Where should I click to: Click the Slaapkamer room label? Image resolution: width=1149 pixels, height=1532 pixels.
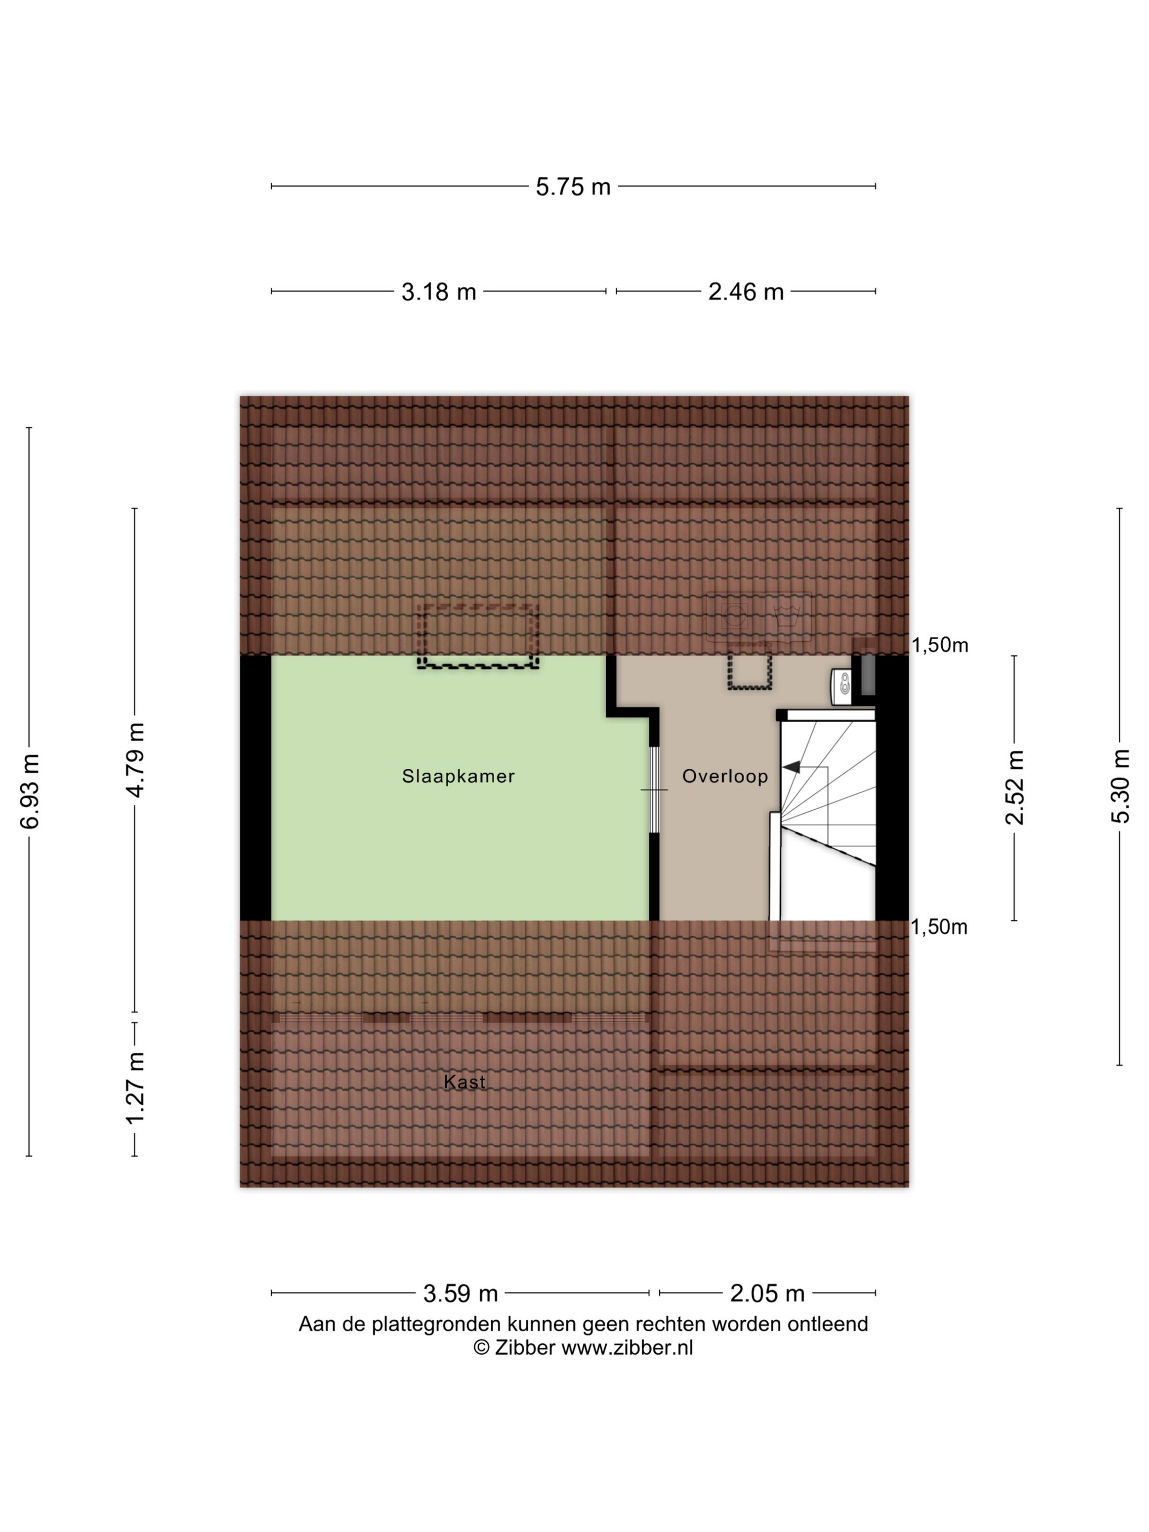tap(458, 776)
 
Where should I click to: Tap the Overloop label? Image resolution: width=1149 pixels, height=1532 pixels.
tap(724, 776)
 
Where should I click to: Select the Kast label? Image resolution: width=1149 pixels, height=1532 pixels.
tap(464, 1082)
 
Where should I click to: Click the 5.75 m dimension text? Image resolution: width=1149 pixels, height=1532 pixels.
tap(573, 187)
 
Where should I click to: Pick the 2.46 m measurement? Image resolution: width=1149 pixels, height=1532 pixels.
tap(745, 292)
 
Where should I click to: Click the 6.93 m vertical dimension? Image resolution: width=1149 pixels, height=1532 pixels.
tap(30, 791)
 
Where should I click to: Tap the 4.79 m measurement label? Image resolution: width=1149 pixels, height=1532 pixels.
tap(135, 760)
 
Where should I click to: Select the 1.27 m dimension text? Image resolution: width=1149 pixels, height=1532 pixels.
tap(135, 1088)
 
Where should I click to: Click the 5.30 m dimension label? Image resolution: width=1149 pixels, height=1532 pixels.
tap(1120, 786)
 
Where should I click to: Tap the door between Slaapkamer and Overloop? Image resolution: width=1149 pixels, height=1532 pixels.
tap(654, 790)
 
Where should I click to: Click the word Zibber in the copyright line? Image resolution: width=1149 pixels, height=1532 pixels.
tap(525, 1347)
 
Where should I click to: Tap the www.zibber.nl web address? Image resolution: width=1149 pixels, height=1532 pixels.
tap(627, 1347)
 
